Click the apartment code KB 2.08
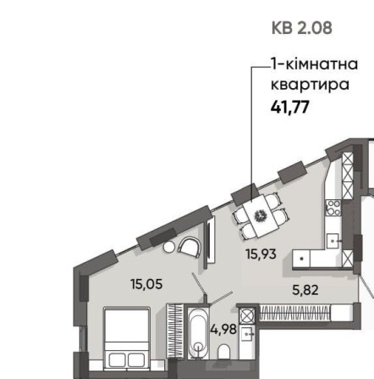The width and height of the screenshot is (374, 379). pos(302,27)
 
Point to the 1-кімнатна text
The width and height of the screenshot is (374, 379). pos(302,64)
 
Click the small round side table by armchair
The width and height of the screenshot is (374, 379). pos(168,248)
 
